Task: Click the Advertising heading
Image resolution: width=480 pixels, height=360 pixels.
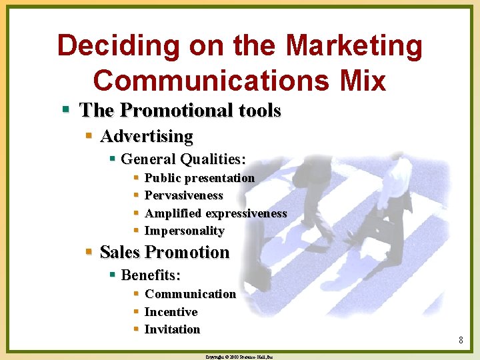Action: click(146, 137)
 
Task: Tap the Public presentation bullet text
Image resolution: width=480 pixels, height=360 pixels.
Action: click(199, 178)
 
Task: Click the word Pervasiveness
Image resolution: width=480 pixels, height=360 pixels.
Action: click(183, 195)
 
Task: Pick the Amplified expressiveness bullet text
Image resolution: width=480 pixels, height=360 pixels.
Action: click(215, 213)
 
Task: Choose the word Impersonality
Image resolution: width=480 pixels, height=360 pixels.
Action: click(184, 231)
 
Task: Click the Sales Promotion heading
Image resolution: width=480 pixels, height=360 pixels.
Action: click(164, 252)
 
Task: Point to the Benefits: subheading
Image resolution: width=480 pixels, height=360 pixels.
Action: click(151, 275)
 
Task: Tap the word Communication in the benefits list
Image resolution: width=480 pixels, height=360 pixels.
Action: click(190, 294)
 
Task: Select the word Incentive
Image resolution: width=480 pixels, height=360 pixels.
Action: click(171, 312)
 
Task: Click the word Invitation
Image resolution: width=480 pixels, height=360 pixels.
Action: click(172, 329)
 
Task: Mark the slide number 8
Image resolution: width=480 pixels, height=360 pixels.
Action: click(461, 341)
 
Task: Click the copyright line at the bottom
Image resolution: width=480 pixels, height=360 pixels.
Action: click(239, 357)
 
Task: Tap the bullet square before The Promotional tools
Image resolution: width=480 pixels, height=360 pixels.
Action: click(66, 109)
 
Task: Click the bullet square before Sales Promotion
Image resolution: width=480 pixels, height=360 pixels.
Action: click(89, 251)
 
